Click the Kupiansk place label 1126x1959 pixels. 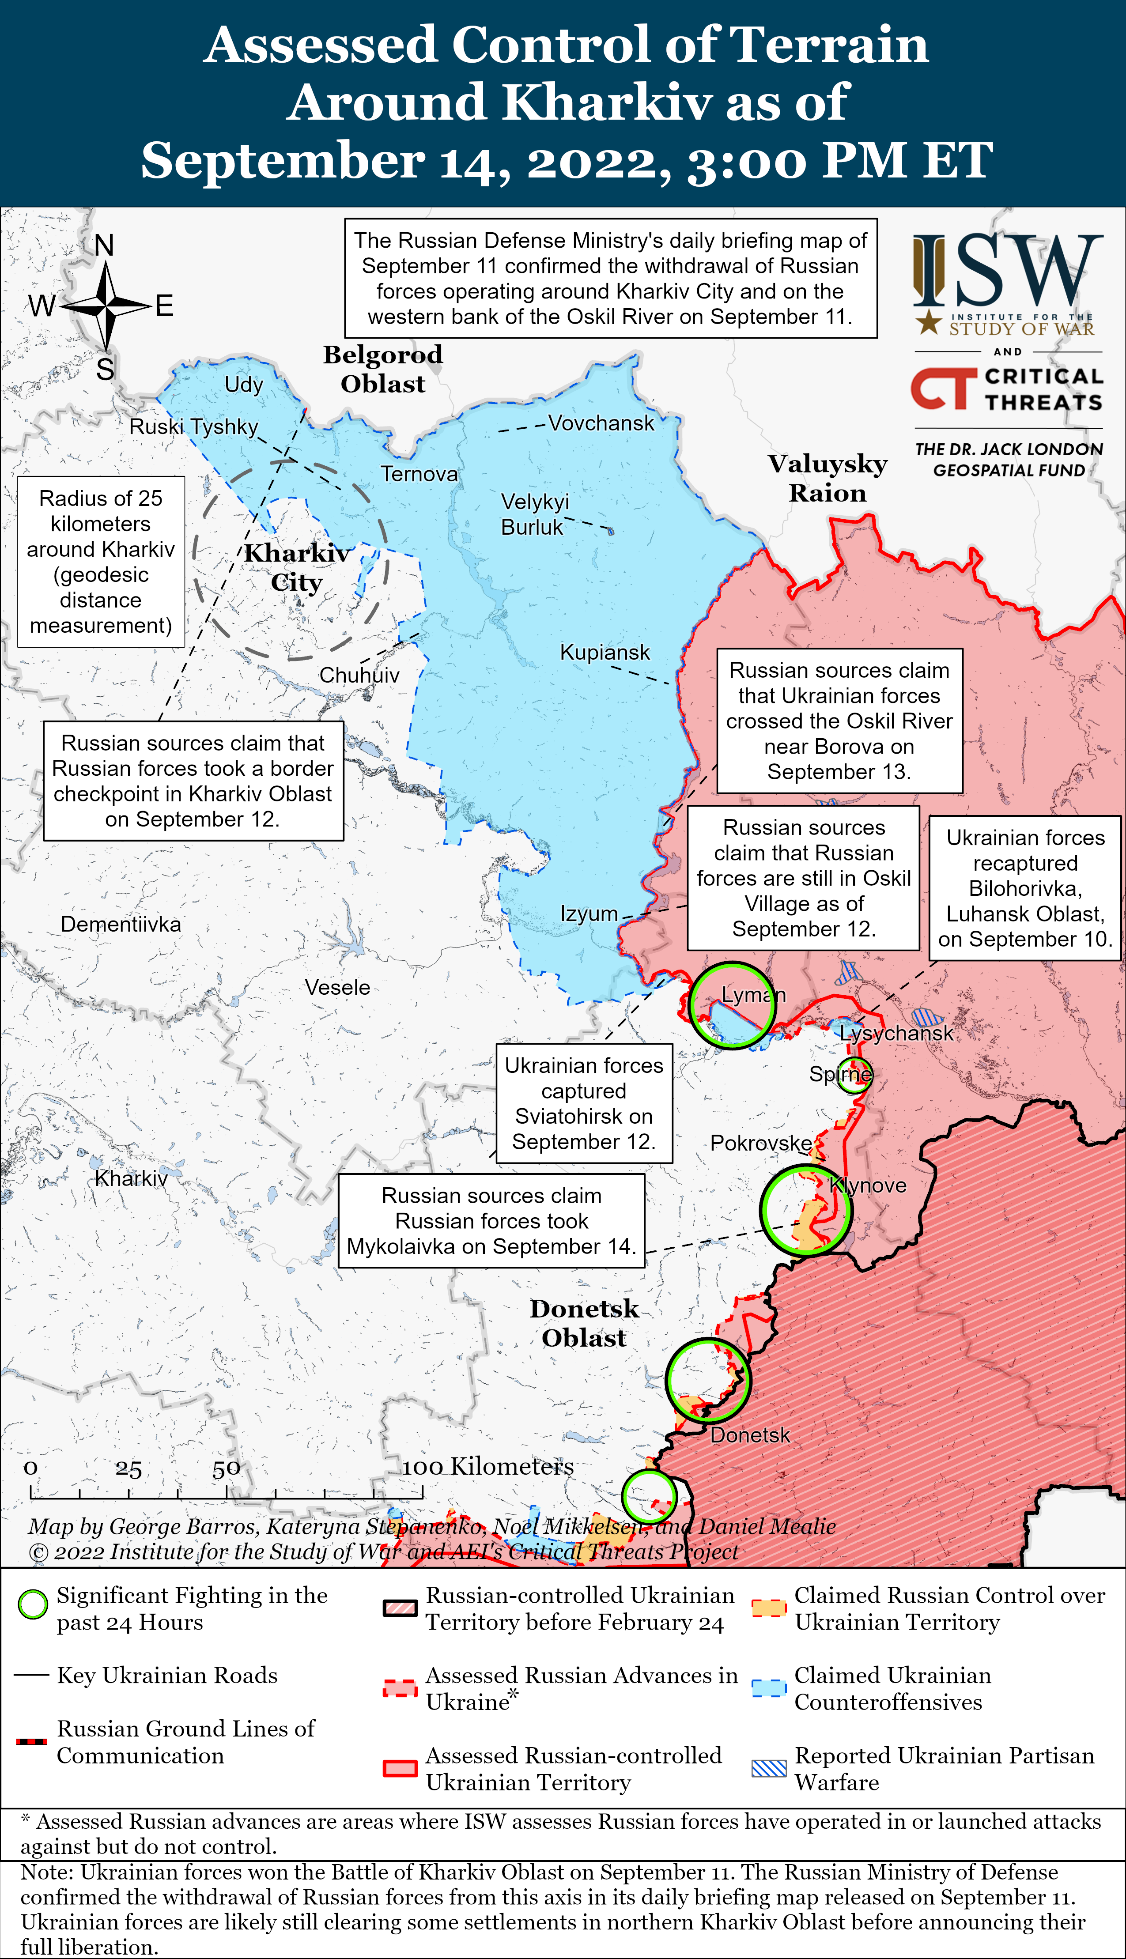pyautogui.click(x=605, y=653)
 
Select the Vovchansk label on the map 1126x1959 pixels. pyautogui.click(x=601, y=423)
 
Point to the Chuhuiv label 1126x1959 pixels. pyautogui.click(x=359, y=675)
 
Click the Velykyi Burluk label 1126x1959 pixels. pyautogui.click(x=534, y=514)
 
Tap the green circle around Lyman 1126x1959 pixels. pyautogui.click(x=731, y=1005)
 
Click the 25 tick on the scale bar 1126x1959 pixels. pyautogui.click(x=128, y=1469)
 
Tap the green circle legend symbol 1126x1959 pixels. pyautogui.click(x=33, y=1604)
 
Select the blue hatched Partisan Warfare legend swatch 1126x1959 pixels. pyautogui.click(x=769, y=1768)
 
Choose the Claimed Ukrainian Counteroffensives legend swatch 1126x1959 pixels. pyautogui.click(x=769, y=1687)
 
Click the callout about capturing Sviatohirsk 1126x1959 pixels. pyautogui.click(x=584, y=1103)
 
